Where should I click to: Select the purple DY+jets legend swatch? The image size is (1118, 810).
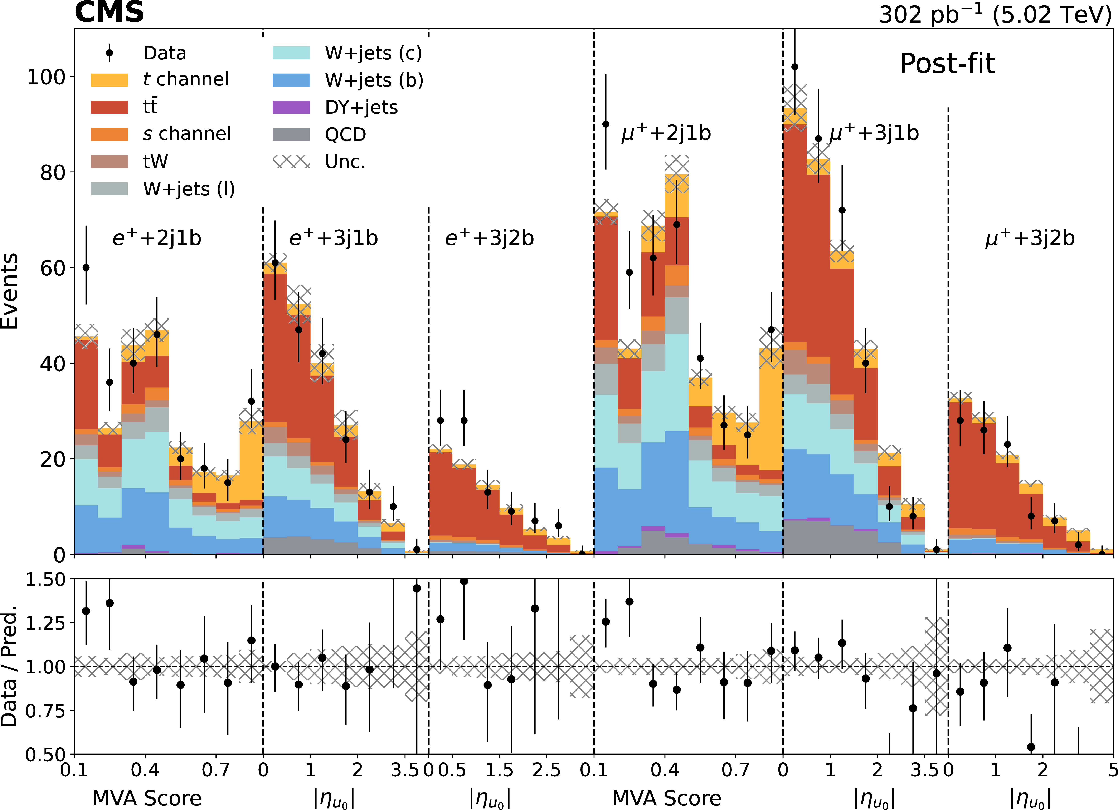[x=291, y=107]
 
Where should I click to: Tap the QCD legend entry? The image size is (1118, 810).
[x=345, y=134]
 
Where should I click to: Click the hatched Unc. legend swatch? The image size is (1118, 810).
[x=291, y=162]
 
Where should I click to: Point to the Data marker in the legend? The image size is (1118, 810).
[x=110, y=53]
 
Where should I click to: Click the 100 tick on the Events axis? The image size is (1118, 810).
[x=46, y=77]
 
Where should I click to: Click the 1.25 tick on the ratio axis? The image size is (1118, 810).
[x=45, y=623]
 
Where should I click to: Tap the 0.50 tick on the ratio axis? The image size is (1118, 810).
[x=45, y=754]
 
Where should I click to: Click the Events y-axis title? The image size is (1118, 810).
[x=10, y=291]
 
